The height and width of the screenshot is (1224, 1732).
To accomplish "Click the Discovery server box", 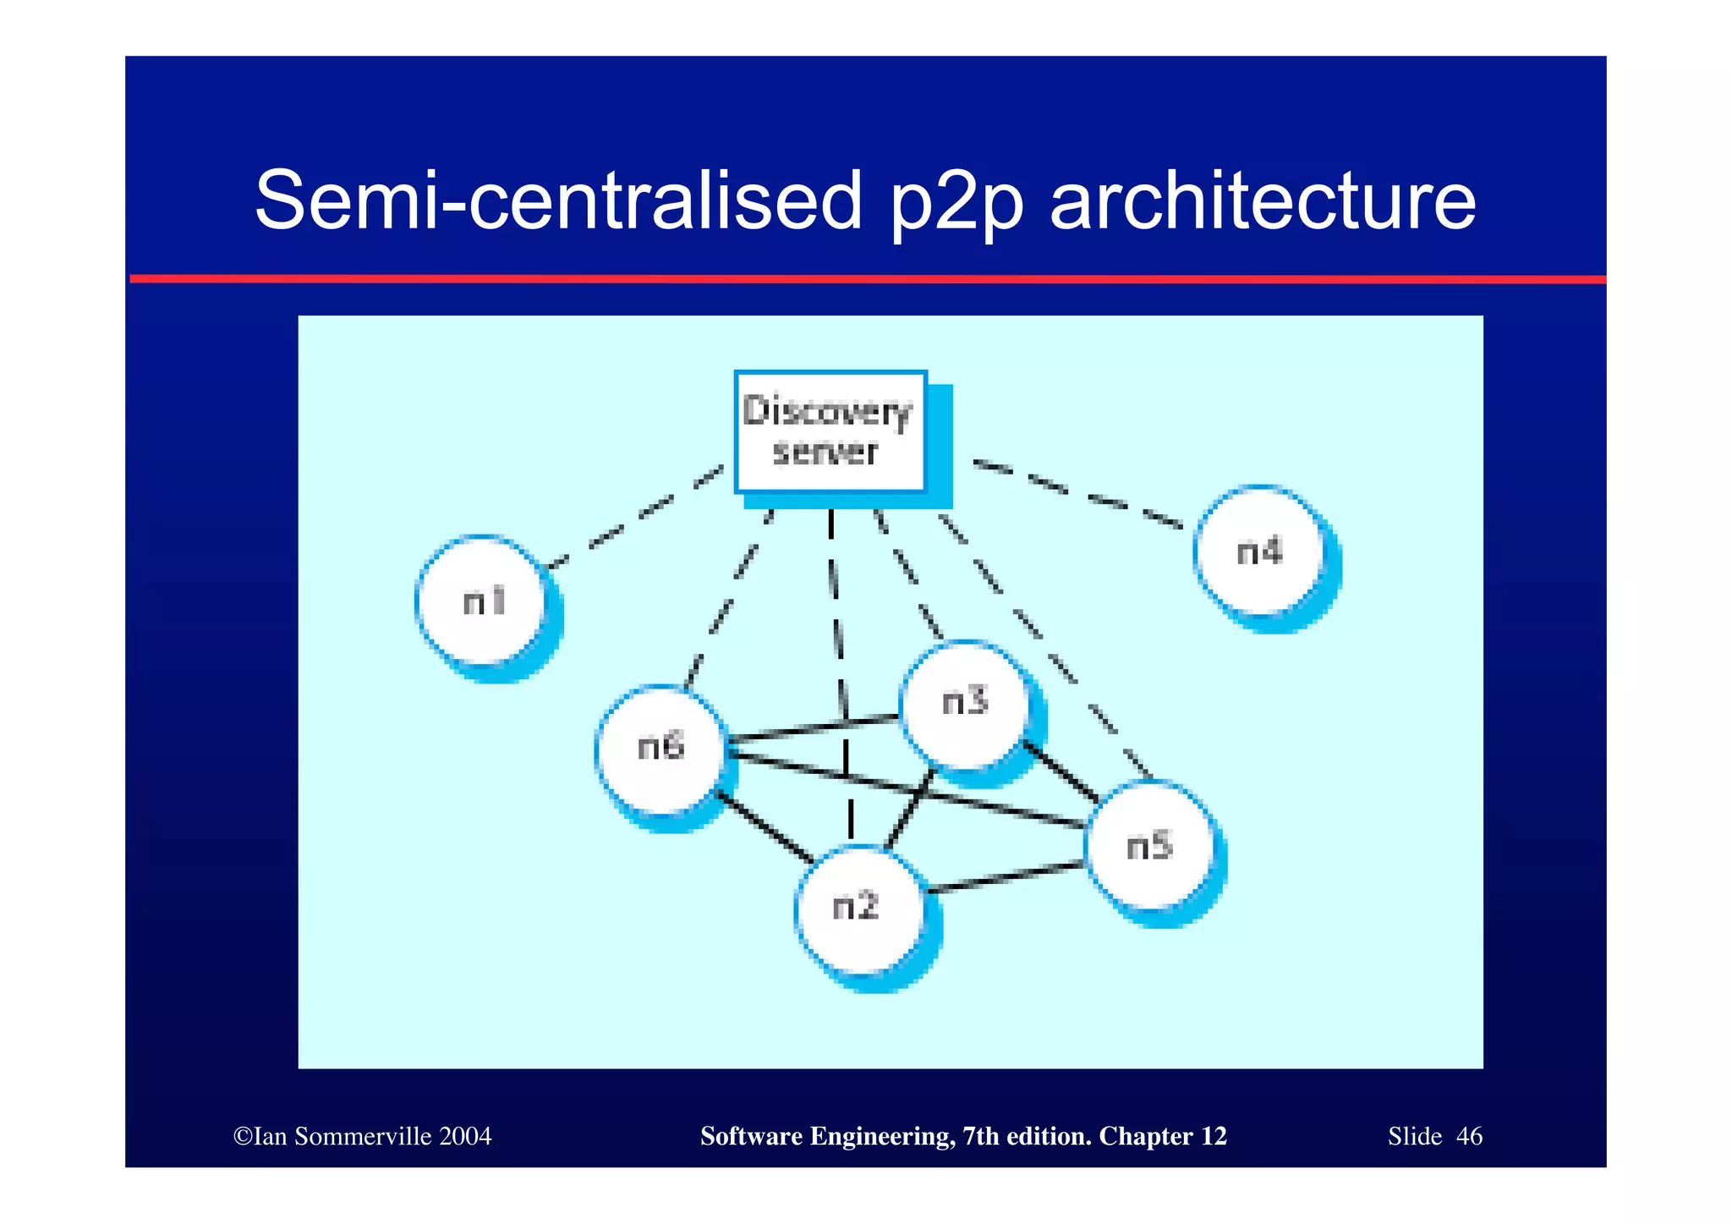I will pos(830,431).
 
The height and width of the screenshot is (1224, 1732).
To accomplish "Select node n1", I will pos(483,601).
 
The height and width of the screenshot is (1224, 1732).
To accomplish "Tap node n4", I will pos(1260,550).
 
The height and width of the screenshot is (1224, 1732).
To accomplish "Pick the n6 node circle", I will pos(660,748).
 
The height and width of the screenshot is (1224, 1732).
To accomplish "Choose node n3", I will pos(965,703).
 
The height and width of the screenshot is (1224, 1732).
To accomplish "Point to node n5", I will pos(1150,845).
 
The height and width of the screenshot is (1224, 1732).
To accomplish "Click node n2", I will pos(858,908).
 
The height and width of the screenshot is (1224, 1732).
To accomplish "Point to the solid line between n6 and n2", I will pos(765,827).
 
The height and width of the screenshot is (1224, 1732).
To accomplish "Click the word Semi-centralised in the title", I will pos(558,201).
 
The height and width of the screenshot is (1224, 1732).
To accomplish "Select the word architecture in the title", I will pos(1263,201).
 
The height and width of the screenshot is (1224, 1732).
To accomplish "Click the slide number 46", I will pos(1469,1136).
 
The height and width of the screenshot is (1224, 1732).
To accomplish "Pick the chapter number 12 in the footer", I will pos(1214,1136).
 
